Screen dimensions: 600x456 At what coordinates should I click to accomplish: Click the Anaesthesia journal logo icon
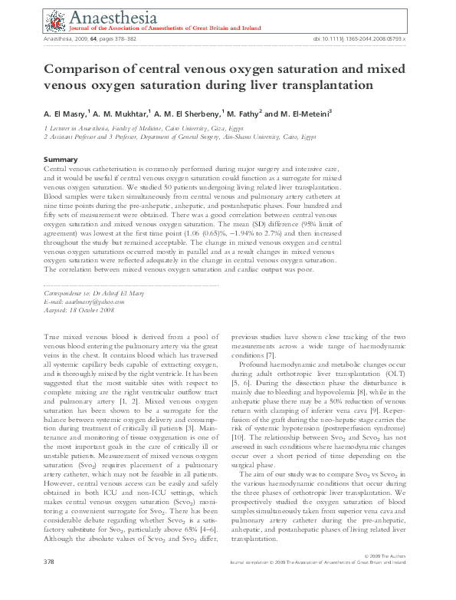55,19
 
